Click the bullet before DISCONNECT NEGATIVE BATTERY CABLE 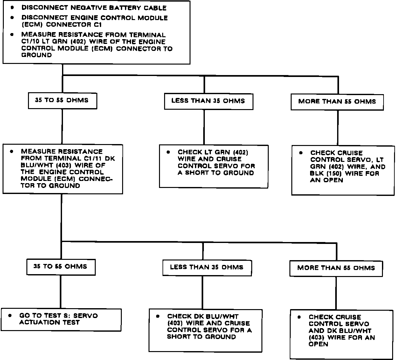tap(12, 7)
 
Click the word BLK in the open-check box tap(316, 174)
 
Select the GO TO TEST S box tap(61, 319)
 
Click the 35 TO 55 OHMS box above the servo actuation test tap(60, 267)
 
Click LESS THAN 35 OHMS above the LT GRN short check tap(208, 101)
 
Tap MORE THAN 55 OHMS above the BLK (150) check tap(337, 102)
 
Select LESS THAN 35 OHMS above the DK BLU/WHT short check tap(207, 267)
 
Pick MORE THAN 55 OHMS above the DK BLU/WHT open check tap(336, 268)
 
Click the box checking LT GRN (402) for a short tap(213, 166)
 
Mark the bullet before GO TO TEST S tap(10, 316)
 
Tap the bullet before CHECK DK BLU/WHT tap(158, 316)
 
